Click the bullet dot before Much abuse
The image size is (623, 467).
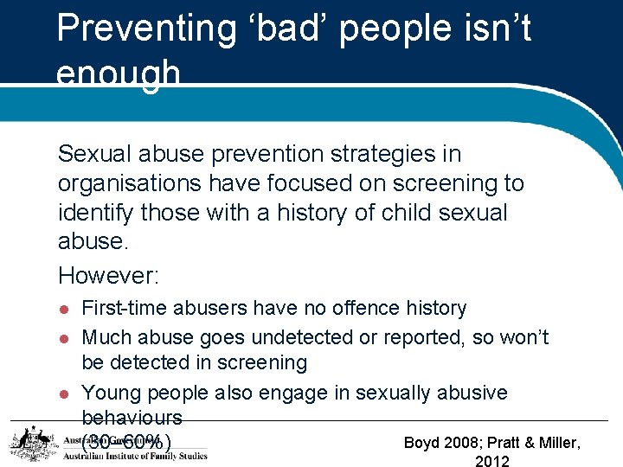tap(62, 338)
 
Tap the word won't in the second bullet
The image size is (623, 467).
tap(524, 337)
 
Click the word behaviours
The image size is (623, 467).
tap(132, 417)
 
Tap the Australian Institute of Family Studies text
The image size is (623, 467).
tap(135, 456)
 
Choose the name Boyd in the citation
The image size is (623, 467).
tap(422, 443)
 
